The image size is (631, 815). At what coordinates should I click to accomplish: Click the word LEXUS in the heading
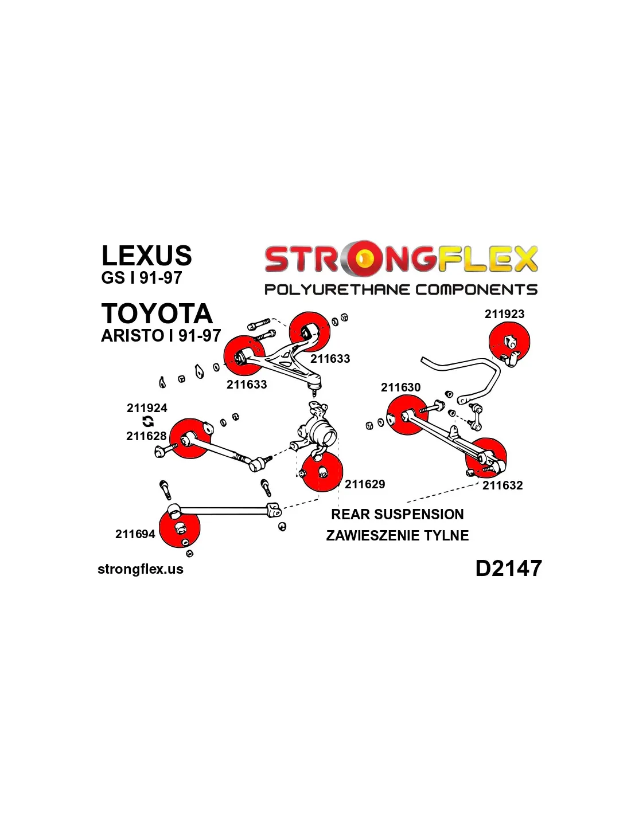pos(146,256)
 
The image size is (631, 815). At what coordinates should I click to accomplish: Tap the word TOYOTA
pos(157,314)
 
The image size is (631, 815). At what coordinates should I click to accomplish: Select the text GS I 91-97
pos(141,278)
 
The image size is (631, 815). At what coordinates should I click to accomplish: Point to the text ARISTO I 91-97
pos(161,335)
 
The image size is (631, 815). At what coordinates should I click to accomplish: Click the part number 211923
pos(504,314)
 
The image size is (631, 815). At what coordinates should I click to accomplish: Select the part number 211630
pos(400,387)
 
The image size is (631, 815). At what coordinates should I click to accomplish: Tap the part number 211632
pos(503,485)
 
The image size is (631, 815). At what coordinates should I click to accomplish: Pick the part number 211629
pos(365,484)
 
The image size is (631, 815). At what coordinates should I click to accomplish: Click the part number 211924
pos(147,408)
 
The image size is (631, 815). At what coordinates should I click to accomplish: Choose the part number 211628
pos(146,436)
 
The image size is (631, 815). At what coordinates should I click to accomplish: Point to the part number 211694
pos(135,534)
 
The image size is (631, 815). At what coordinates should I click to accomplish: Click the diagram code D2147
pos(508,568)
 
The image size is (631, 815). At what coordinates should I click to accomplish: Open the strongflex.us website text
pos(141,569)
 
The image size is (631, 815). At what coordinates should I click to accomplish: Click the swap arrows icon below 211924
pos(148,422)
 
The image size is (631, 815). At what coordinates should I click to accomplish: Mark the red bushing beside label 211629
pos(322,471)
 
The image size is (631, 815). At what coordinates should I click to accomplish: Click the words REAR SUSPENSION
pos(398,514)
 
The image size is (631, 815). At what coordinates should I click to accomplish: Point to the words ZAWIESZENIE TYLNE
pos(398,535)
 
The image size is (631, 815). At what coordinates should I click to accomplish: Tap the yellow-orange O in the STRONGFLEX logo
pos(363,259)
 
